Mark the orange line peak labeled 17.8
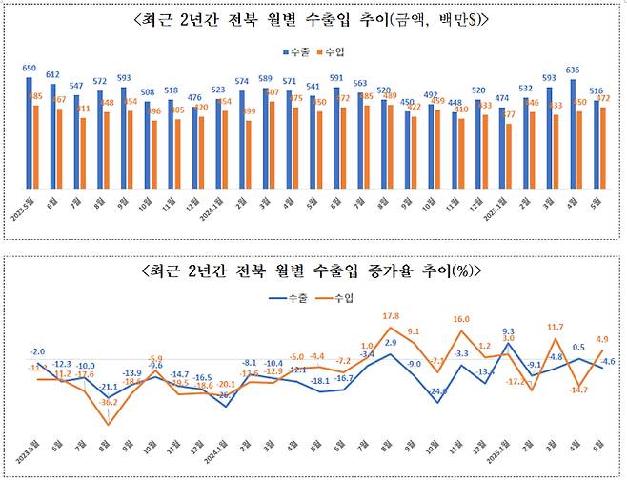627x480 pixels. pyautogui.click(x=391, y=329)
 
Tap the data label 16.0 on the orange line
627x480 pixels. pyautogui.click(x=461, y=320)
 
